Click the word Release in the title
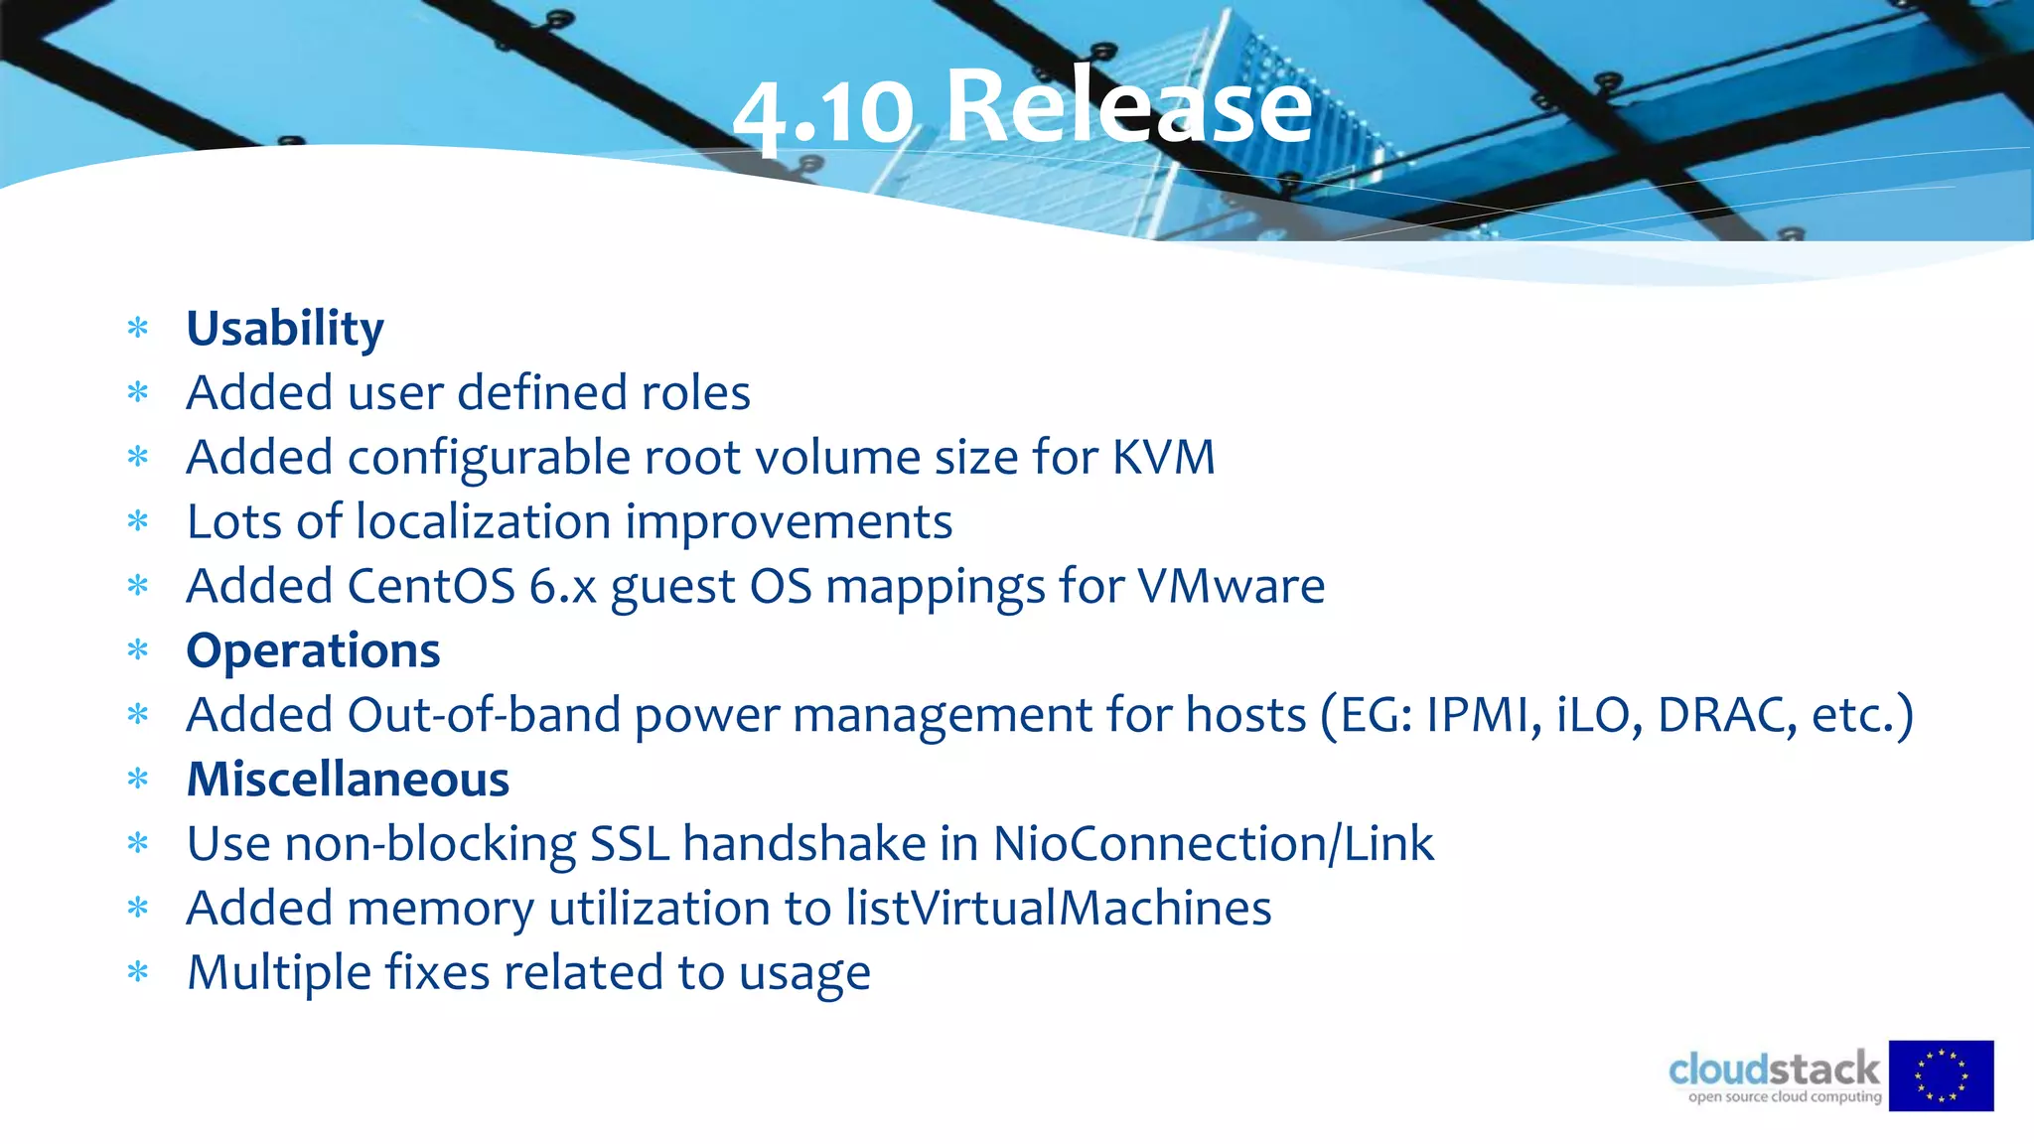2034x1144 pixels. pyautogui.click(x=1129, y=107)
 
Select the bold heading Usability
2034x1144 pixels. pyautogui.click(x=285, y=329)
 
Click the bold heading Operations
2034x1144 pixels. pyautogui.click(x=313, y=651)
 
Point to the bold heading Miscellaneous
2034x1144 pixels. pyautogui.click(x=348, y=780)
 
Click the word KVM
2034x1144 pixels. pyautogui.click(x=1163, y=458)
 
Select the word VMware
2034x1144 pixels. pyautogui.click(x=1231, y=586)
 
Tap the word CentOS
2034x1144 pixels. pyautogui.click(x=431, y=586)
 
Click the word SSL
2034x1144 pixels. pyautogui.click(x=630, y=844)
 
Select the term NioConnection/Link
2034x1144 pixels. pyautogui.click(x=1213, y=844)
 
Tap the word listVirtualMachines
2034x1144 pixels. pyautogui.click(x=1058, y=908)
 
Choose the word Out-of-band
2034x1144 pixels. pyautogui.click(x=483, y=715)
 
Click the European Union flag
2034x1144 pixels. pyautogui.click(x=1941, y=1075)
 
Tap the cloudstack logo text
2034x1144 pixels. pyautogui.click(x=1774, y=1070)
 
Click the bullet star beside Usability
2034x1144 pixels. pyautogui.click(x=138, y=328)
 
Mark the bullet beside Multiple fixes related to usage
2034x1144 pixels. pyautogui.click(x=138, y=972)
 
